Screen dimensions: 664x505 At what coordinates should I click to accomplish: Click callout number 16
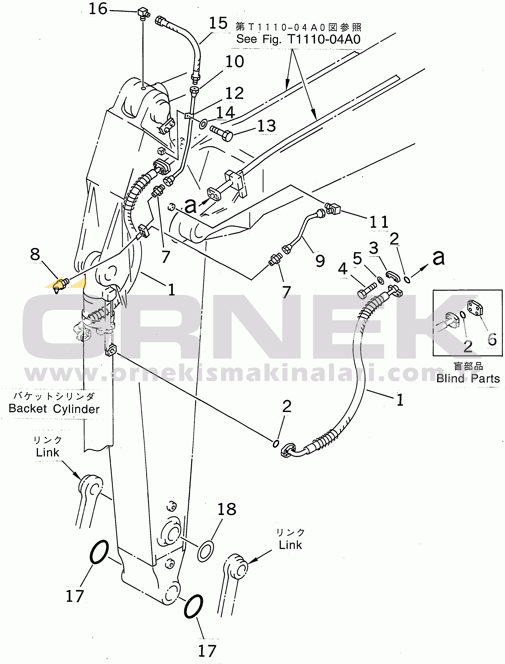(x=98, y=9)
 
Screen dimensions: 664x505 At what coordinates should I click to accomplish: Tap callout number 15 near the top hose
(x=218, y=23)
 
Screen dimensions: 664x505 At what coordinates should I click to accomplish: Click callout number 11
(x=379, y=222)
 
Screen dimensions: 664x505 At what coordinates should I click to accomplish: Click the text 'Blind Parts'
(x=468, y=378)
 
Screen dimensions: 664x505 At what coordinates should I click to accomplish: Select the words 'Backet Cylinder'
(x=54, y=409)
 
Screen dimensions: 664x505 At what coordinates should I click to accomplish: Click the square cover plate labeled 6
(x=475, y=308)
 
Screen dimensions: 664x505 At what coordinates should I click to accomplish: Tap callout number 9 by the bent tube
(x=320, y=261)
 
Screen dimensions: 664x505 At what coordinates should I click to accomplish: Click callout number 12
(x=234, y=93)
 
